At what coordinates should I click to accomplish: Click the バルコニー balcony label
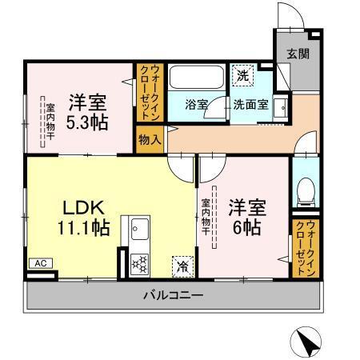(173, 295)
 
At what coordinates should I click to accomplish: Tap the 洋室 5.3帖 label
(87, 113)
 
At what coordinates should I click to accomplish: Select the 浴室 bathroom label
(197, 104)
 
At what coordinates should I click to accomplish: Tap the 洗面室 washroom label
(250, 104)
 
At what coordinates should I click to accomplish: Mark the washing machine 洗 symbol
(243, 76)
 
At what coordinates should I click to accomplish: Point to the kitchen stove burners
(139, 263)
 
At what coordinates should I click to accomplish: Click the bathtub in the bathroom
(198, 79)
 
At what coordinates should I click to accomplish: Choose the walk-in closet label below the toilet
(304, 248)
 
